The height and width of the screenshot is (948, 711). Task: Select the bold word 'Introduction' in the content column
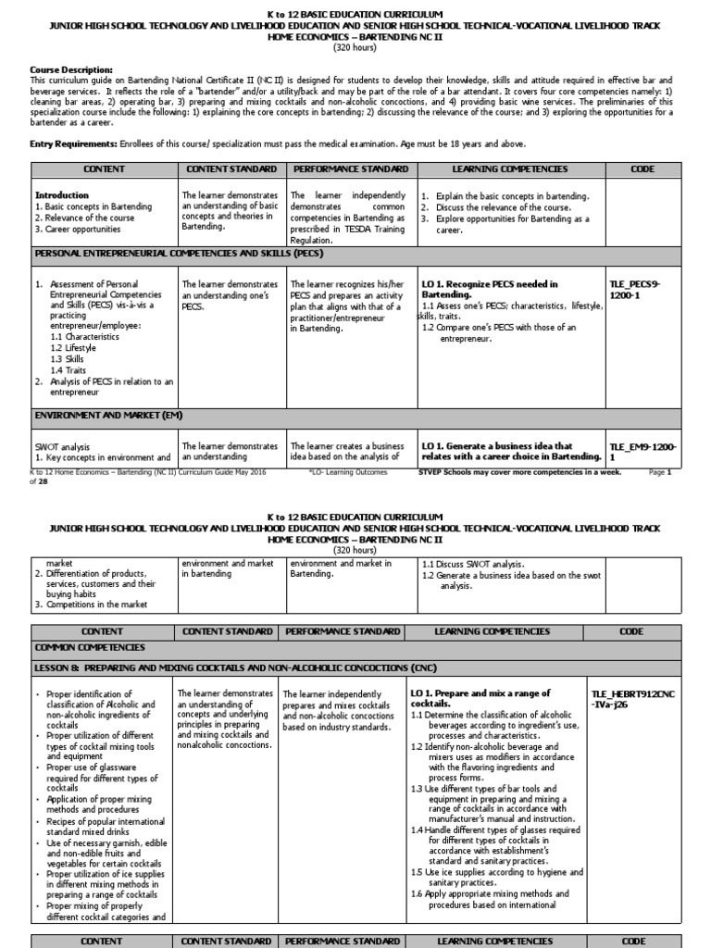click(x=62, y=195)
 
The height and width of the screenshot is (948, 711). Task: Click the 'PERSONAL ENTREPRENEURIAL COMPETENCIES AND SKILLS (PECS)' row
click(x=179, y=253)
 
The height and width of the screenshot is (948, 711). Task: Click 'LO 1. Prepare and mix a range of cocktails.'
click(x=480, y=698)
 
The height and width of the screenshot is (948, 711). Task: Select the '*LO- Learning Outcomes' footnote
click(x=345, y=472)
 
